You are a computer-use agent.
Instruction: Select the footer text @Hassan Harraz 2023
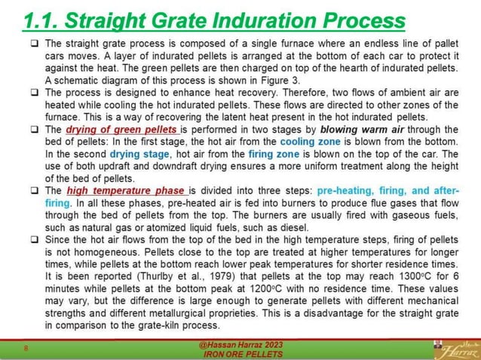pos(239,345)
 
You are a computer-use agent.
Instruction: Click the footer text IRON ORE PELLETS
pos(239,354)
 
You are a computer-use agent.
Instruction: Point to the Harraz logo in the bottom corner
pos(455,349)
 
